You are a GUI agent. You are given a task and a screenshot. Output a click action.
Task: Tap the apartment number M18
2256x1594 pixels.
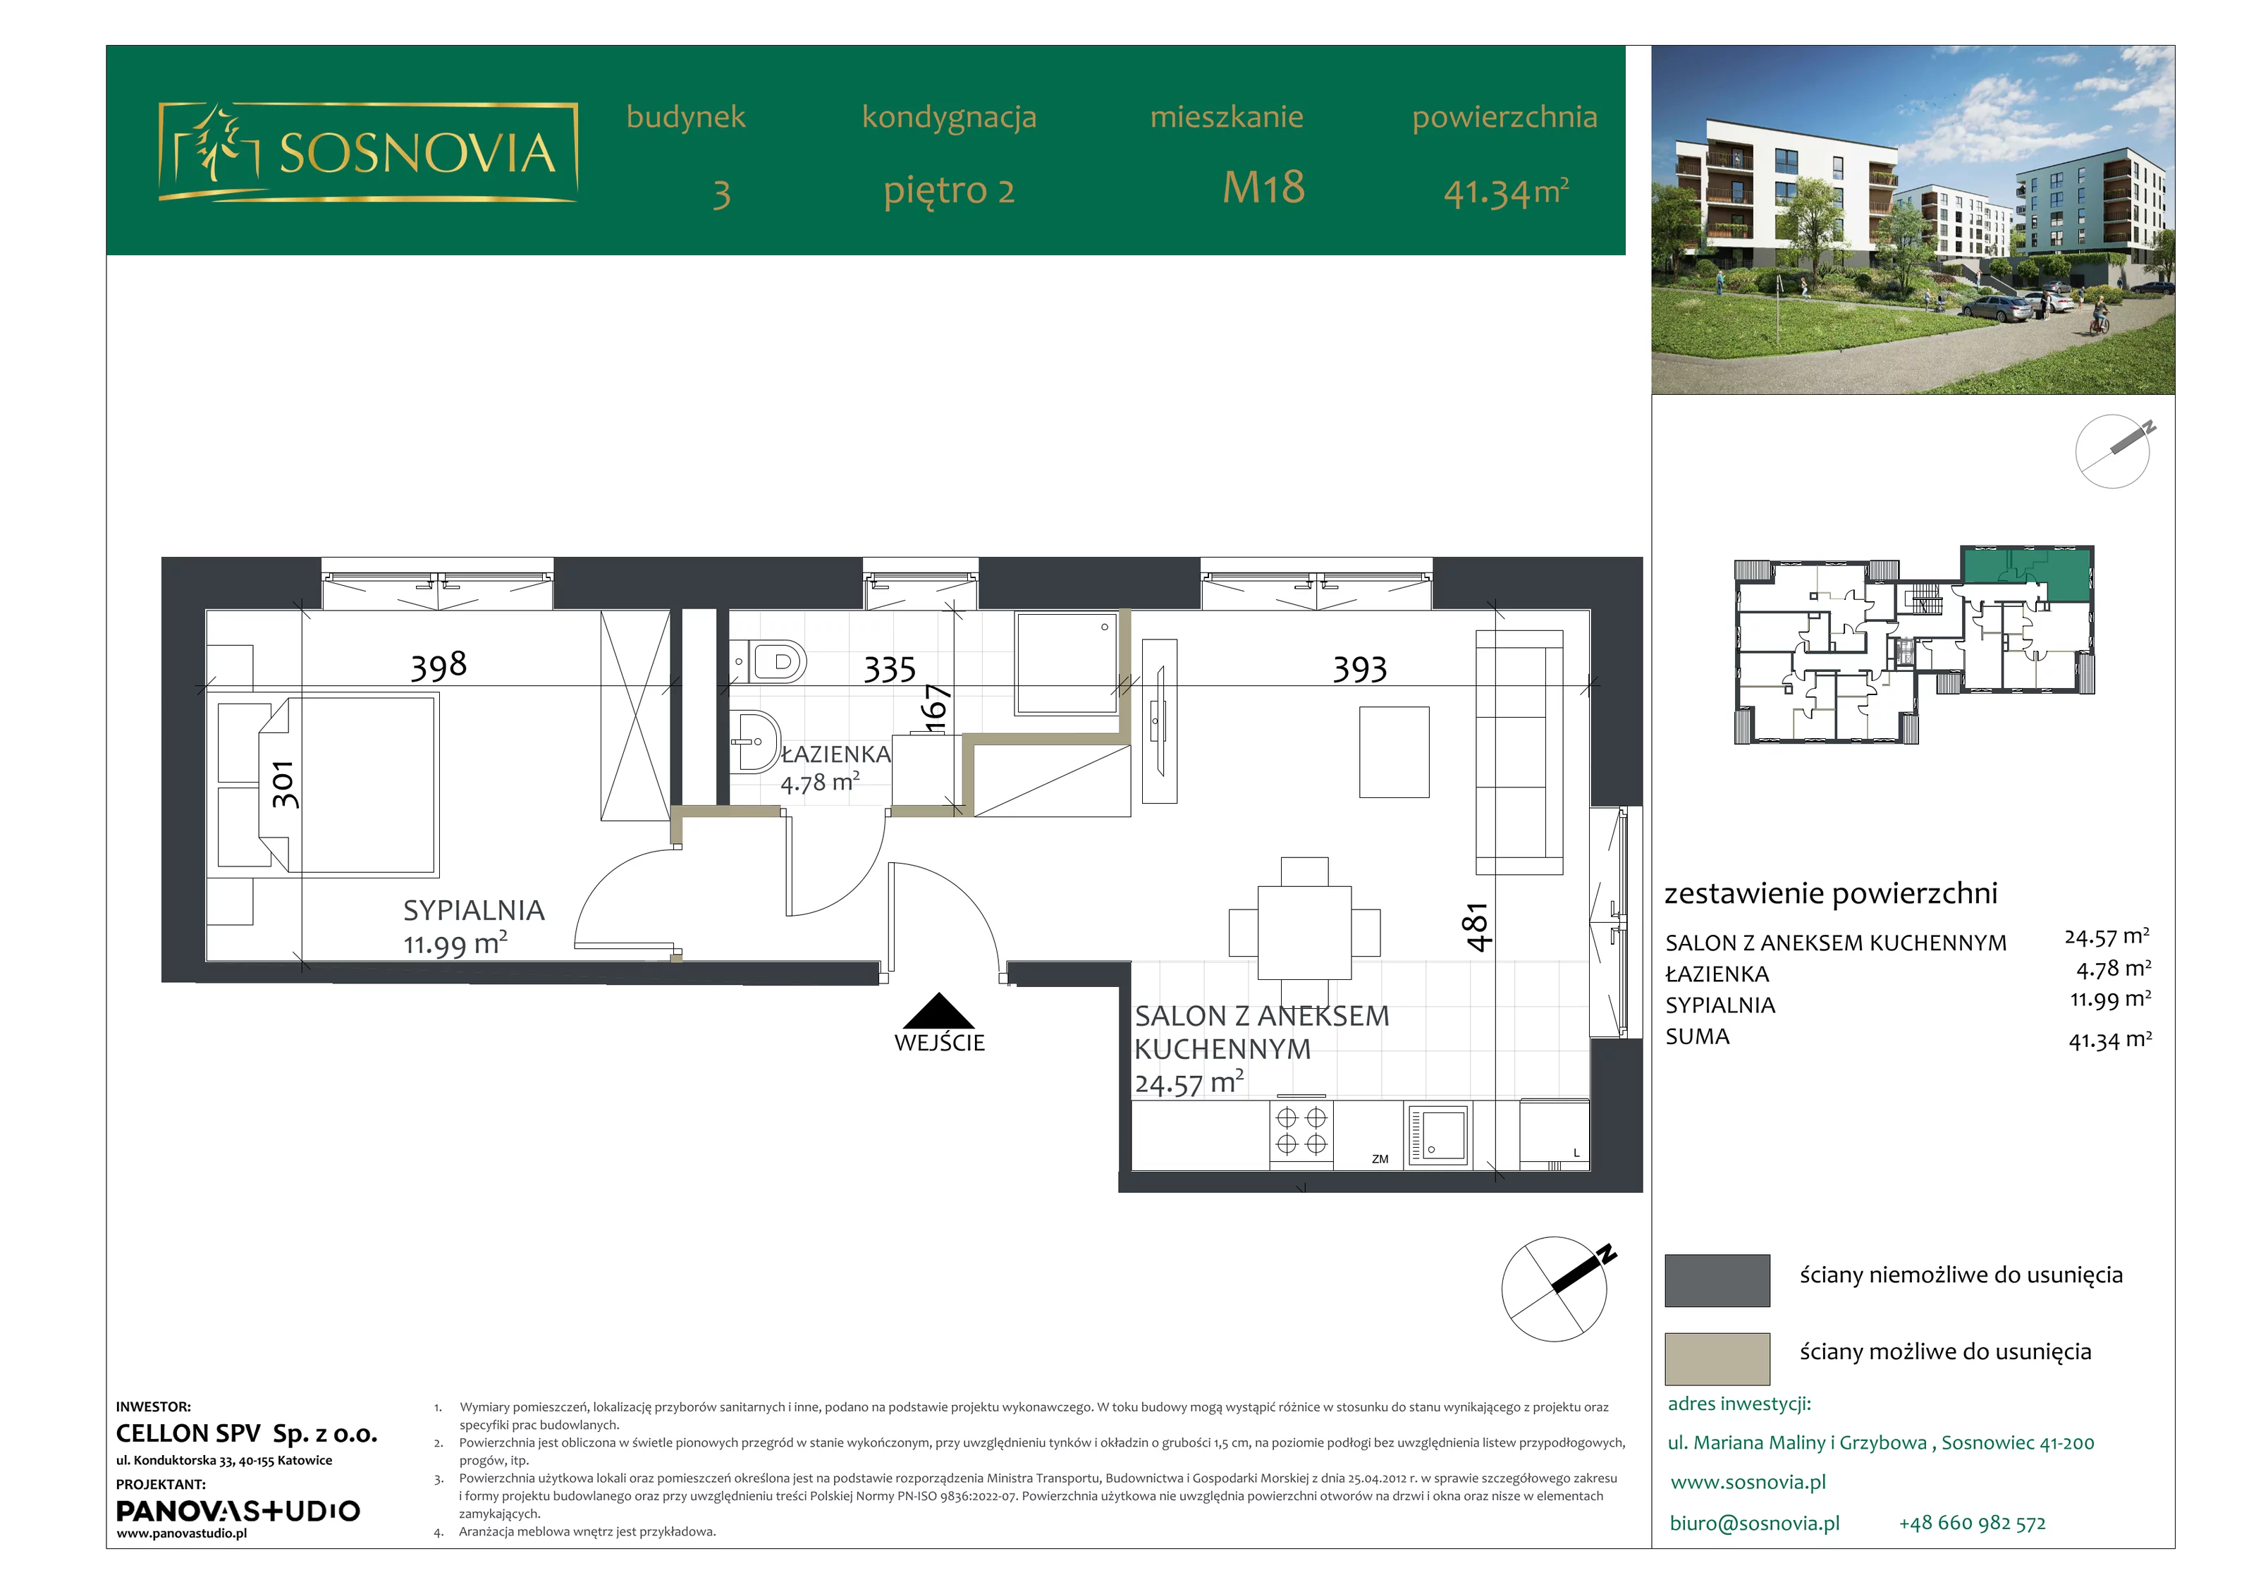1263,187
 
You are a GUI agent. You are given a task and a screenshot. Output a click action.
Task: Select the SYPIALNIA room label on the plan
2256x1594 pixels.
474,910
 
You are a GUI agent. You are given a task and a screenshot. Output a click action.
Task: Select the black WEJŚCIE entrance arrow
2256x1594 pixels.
939,1010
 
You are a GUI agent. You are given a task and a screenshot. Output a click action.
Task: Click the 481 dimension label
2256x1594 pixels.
1478,927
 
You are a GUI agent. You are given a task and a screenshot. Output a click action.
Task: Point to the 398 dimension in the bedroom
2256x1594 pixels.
439,666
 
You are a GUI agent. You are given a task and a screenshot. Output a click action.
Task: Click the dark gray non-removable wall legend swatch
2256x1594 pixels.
1717,1280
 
